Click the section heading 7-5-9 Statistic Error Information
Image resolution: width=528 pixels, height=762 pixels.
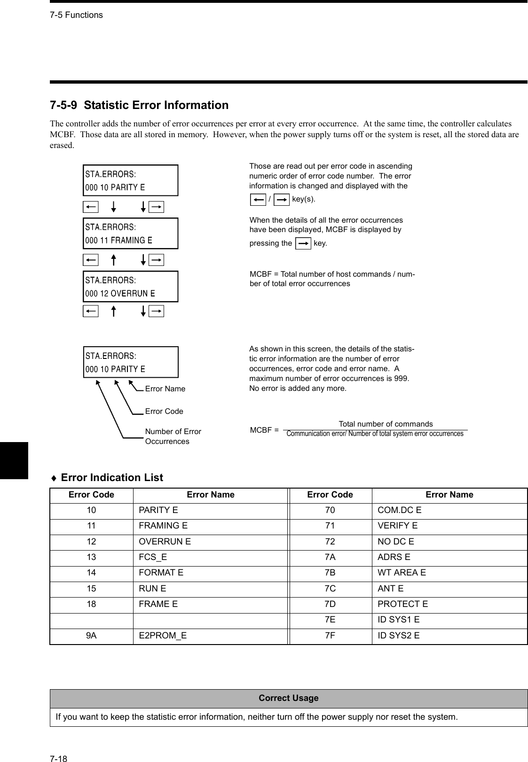(x=139, y=105)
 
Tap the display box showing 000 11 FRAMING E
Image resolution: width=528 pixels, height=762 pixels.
(x=131, y=233)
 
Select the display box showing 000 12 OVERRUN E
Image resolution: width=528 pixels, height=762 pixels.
(x=131, y=287)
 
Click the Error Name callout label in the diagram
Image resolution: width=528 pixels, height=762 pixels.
(x=165, y=389)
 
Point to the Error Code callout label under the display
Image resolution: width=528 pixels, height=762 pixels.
(x=164, y=411)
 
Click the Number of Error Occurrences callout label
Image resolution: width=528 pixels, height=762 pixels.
(x=173, y=436)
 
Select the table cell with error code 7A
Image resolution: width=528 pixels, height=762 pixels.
(x=330, y=557)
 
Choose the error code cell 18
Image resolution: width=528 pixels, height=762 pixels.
(x=91, y=604)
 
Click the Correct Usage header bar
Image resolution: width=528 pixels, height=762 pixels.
(x=288, y=698)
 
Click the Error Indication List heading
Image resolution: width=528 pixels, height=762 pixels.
(x=111, y=477)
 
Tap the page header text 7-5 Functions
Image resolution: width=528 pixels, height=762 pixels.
(x=76, y=15)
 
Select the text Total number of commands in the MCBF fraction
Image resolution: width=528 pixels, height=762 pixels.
(x=386, y=424)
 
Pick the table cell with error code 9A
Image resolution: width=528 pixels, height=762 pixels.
(x=91, y=636)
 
